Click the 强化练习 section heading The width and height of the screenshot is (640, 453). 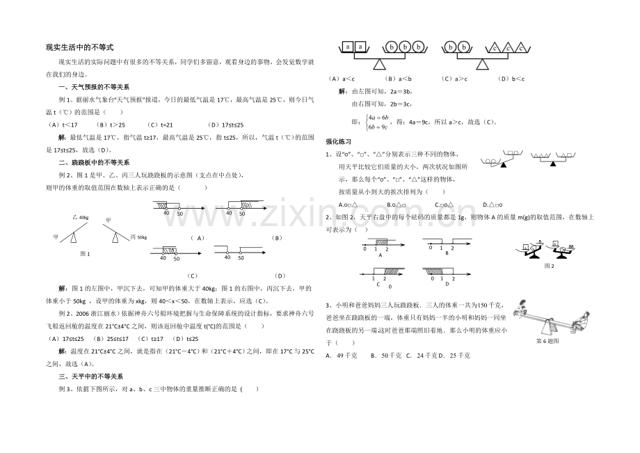339,141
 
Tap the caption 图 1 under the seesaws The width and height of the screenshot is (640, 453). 86,253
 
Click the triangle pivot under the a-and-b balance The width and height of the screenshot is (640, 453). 379,64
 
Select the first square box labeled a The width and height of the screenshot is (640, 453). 347,47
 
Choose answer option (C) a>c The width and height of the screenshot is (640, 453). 452,79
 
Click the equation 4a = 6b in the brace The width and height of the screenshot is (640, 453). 378,117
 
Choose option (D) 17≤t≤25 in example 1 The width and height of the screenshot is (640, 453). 204,125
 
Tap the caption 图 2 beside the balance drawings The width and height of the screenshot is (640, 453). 549,266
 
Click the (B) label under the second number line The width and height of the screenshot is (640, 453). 275,237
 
